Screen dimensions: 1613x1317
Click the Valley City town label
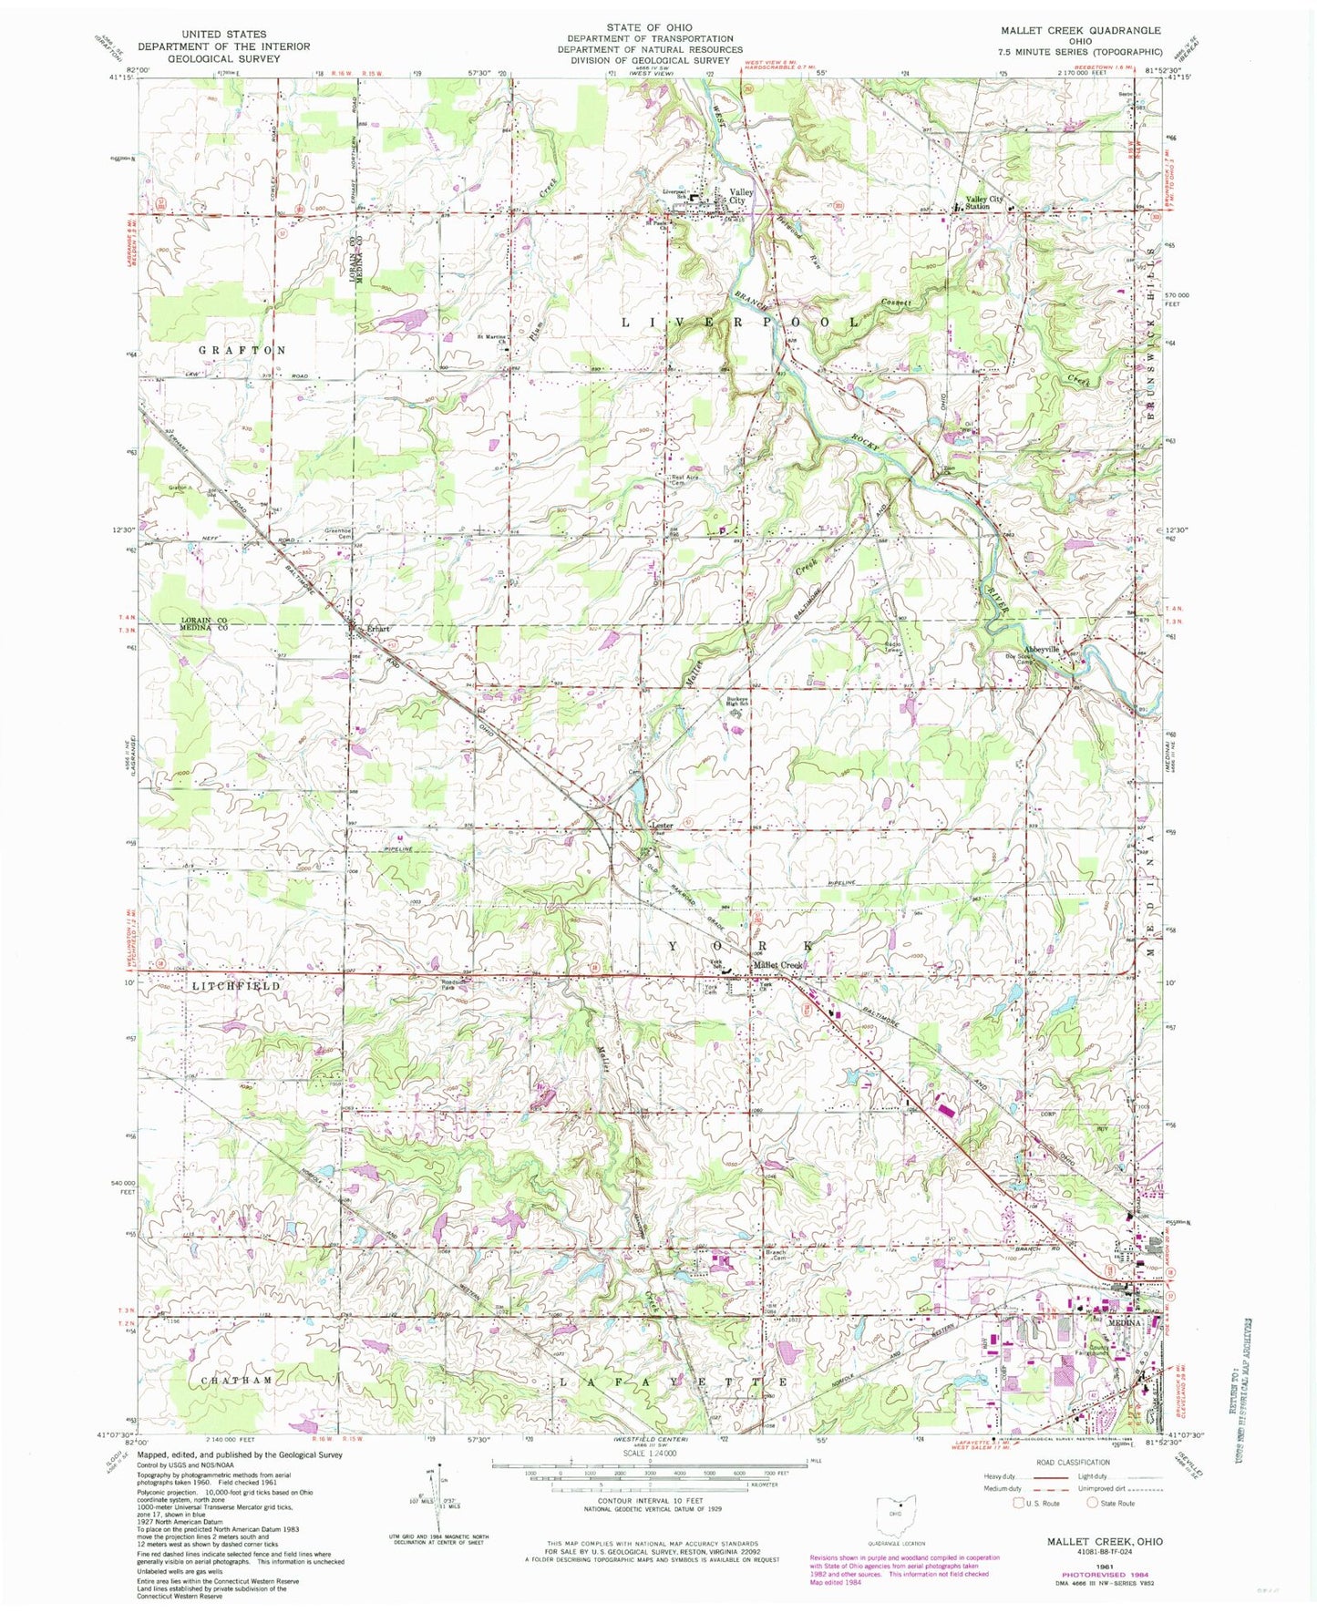740,197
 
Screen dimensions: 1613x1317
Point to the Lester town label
662,826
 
